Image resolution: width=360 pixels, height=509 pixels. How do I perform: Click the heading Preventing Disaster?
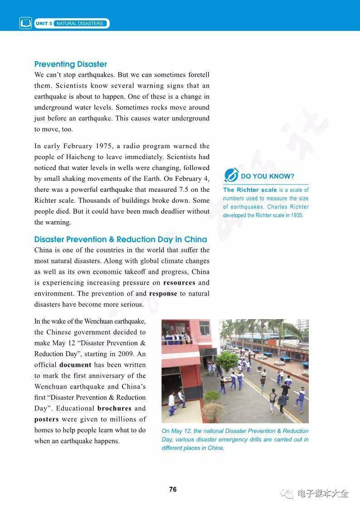(x=71, y=64)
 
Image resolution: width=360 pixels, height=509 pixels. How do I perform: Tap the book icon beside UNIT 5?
(x=26, y=23)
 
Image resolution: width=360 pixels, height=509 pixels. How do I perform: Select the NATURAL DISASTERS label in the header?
(x=80, y=24)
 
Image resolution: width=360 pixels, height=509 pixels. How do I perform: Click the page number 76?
(x=173, y=490)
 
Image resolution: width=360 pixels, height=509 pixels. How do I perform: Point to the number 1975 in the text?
(x=107, y=146)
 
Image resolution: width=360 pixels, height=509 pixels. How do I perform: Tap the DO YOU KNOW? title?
(x=268, y=176)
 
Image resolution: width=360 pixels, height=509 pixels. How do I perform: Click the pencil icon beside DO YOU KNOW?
(x=231, y=175)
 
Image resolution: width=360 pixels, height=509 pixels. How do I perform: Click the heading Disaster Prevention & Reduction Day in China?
(x=121, y=239)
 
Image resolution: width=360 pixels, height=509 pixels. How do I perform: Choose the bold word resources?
(x=179, y=282)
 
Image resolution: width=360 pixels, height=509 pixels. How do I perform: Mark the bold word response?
(x=163, y=293)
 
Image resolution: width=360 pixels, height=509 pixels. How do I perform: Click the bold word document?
(x=75, y=364)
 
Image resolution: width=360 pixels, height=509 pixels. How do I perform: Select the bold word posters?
(x=47, y=419)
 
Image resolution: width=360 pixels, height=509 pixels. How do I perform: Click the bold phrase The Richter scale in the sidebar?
(x=249, y=190)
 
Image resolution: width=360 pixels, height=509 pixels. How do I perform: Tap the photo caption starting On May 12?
(x=235, y=439)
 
